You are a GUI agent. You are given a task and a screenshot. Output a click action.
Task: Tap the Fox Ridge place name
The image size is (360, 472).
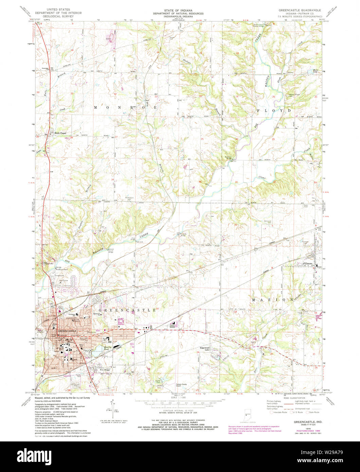tap(105, 370)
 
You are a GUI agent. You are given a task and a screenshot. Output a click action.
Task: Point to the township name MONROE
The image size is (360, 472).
tap(125, 107)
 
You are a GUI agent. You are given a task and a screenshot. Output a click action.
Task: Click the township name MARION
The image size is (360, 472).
tap(272, 299)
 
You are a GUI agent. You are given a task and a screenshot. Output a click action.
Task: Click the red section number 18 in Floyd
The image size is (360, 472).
tap(237, 53)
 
